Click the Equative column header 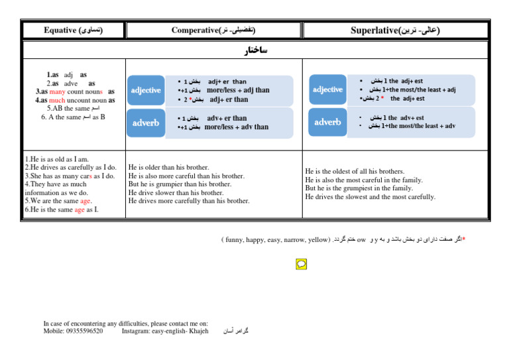73,30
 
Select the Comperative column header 213,30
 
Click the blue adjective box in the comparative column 146,90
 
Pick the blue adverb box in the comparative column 146,123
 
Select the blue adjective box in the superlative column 327,90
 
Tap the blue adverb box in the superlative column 327,122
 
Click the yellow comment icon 301,264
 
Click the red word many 58,91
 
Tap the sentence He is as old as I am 56,160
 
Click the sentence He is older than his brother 168,168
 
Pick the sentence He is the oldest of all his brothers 355,171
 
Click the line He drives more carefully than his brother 189,201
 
